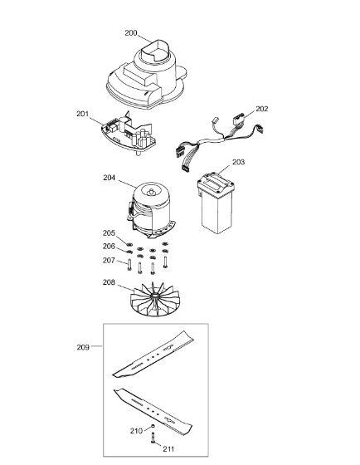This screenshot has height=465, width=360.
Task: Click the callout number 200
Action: (131, 33)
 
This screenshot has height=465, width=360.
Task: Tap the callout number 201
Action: (83, 114)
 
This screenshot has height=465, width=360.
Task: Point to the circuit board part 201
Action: (129, 133)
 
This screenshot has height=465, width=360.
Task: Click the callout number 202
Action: (262, 109)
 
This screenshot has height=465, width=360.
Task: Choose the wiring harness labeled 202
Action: (218, 139)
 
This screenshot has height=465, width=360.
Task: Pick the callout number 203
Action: (239, 162)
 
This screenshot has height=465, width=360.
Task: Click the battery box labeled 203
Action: (216, 203)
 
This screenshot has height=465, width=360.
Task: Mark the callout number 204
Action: (109, 178)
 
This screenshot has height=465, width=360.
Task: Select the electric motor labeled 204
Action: (152, 209)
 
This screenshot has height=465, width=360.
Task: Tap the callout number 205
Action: (109, 232)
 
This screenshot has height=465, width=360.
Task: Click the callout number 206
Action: (109, 246)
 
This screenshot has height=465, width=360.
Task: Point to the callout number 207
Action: (109, 260)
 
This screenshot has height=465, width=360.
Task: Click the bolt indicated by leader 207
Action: (129, 265)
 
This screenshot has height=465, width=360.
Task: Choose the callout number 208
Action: (109, 282)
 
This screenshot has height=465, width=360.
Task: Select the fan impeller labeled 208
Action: (154, 299)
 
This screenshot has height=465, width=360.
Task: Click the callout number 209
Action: (83, 347)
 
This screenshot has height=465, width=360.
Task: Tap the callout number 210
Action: (136, 430)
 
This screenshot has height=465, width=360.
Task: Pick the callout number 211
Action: (168, 449)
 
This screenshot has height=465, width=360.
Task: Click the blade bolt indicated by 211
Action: (153, 438)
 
